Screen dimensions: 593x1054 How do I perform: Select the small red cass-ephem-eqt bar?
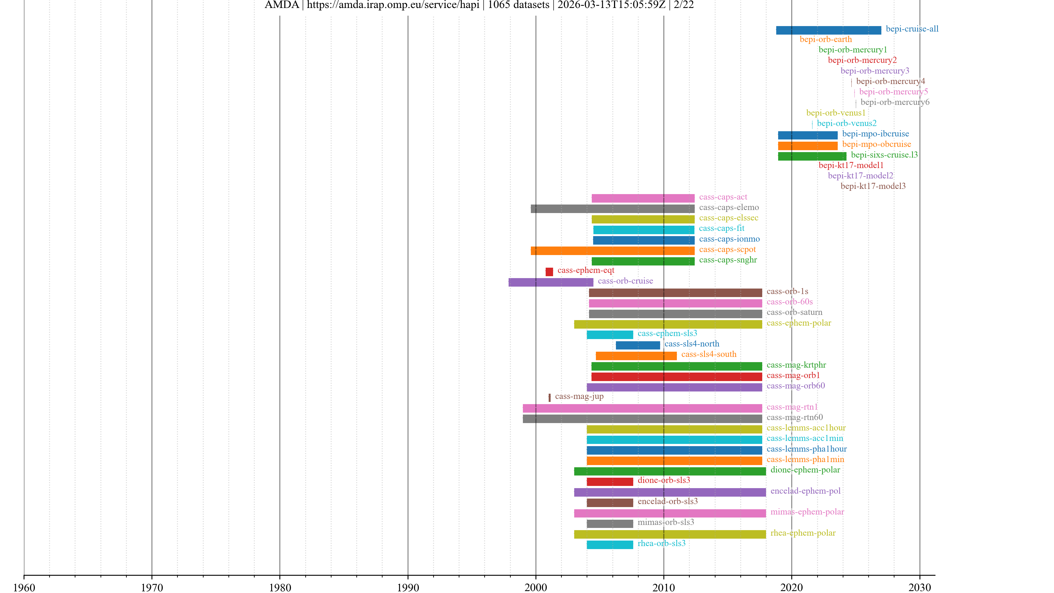click(549, 272)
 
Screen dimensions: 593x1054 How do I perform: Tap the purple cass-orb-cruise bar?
click(551, 282)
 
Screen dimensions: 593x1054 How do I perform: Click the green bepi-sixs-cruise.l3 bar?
click(812, 156)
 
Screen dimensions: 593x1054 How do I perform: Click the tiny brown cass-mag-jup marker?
click(550, 397)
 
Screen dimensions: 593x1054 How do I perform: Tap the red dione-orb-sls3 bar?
click(610, 482)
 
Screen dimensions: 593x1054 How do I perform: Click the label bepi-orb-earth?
click(825, 39)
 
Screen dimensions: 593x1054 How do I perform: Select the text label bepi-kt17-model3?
click(873, 186)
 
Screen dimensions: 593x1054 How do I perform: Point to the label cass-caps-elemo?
click(729, 208)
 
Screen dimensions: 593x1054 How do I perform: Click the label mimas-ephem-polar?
click(807, 512)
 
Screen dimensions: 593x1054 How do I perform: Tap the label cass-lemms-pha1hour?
click(806, 449)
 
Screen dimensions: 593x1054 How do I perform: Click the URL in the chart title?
click(393, 5)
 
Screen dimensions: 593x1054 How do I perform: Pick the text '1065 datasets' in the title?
click(518, 5)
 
